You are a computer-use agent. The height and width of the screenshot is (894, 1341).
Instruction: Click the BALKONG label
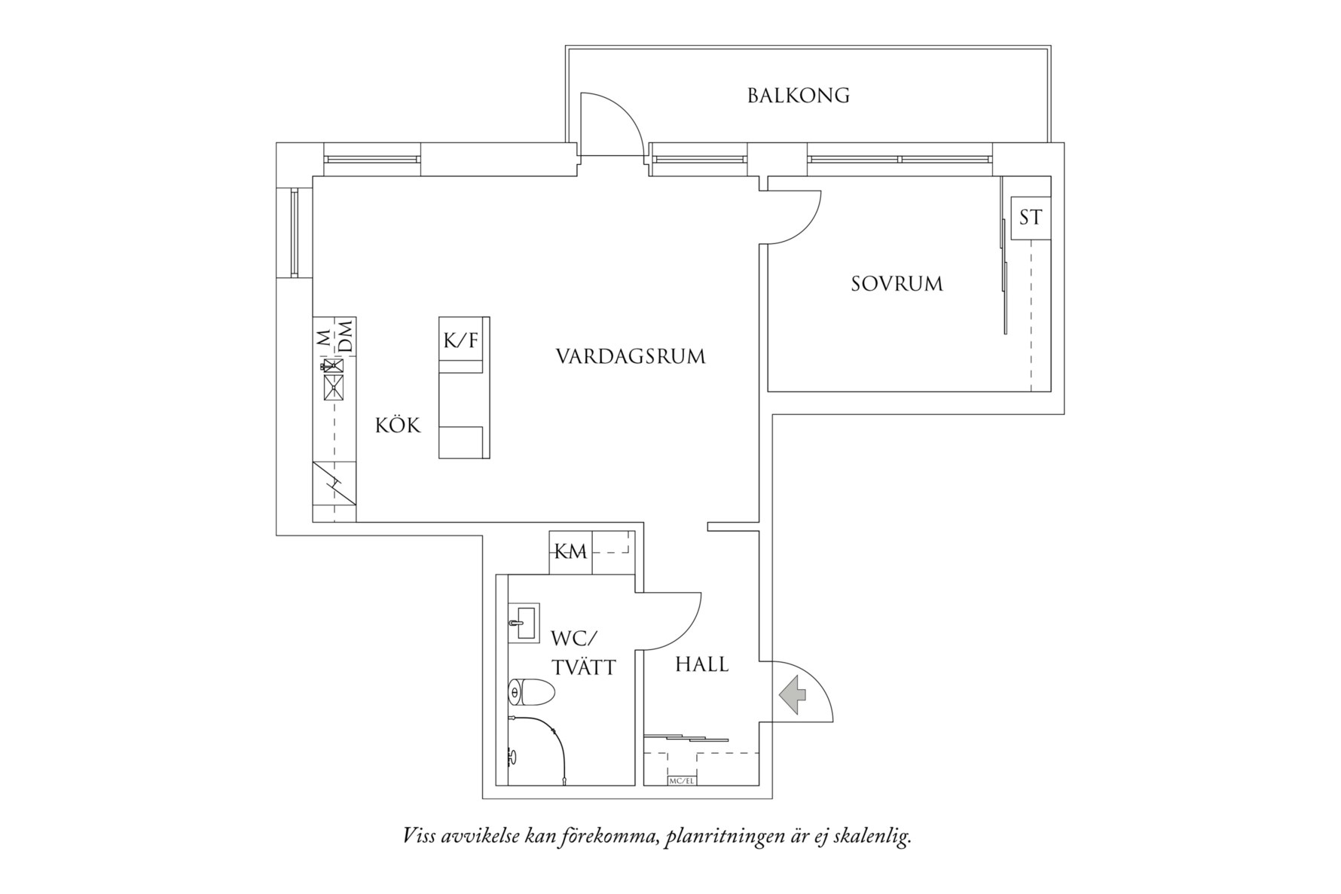tap(799, 96)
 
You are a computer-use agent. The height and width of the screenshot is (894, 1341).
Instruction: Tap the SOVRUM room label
tap(897, 284)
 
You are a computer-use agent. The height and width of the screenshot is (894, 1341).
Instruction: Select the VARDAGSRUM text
tap(631, 356)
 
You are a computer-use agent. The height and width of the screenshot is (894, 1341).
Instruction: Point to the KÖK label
tap(398, 426)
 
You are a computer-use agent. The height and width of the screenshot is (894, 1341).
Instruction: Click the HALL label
tap(701, 664)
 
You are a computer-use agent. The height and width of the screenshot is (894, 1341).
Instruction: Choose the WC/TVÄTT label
tap(583, 652)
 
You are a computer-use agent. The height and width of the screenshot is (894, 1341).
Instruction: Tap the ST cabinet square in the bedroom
tap(1030, 218)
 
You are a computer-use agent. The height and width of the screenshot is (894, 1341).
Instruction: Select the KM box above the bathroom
tap(570, 552)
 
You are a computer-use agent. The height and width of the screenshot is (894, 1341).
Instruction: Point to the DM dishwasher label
tap(345, 336)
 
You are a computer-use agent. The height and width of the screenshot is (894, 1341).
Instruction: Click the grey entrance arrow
tap(792, 694)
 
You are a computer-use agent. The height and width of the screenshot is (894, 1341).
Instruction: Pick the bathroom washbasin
tap(524, 624)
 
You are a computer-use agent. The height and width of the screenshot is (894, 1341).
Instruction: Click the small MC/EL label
tap(681, 781)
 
